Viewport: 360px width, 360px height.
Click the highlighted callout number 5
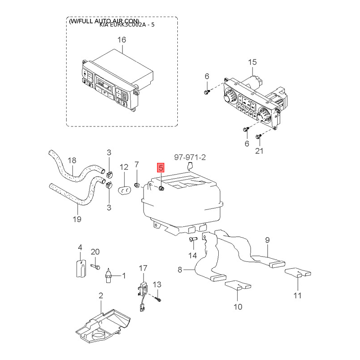(161, 168)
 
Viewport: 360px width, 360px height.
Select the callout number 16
(122, 40)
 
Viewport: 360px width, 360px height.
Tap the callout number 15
(252, 62)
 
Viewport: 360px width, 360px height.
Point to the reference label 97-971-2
(190, 157)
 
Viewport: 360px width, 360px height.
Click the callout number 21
(259, 151)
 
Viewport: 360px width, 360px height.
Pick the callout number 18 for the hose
(72, 160)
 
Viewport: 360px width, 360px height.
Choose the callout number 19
(77, 219)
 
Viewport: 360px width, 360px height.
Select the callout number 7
(137, 164)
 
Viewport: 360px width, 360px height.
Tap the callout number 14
(193, 256)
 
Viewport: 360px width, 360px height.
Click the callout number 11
(297, 296)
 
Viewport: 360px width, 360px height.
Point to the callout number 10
(238, 307)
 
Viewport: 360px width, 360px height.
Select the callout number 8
(180, 270)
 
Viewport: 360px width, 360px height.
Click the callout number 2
(101, 296)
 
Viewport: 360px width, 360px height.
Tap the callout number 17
(143, 268)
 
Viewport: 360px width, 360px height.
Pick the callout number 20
(95, 252)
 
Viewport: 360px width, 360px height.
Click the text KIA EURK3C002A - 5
(127, 25)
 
